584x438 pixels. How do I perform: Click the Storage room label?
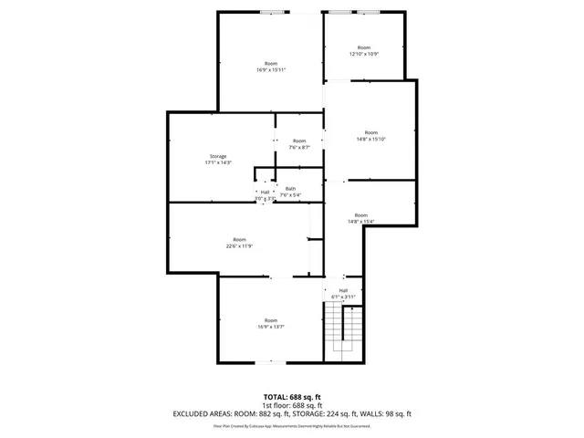click(219, 156)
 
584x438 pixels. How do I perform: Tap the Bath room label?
click(290, 188)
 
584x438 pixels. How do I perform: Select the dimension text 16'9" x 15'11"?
click(272, 70)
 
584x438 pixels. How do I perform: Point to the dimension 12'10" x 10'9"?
click(364, 54)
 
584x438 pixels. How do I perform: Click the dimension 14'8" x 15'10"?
click(370, 139)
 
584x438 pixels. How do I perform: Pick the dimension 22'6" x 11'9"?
click(239, 245)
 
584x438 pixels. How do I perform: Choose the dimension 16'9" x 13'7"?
click(271, 327)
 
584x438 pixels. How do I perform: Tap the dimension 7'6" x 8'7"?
click(299, 147)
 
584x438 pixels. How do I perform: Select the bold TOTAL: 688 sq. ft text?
click(291, 397)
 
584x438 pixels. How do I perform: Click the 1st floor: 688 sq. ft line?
click(291, 405)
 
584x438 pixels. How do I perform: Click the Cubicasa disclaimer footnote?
click(291, 425)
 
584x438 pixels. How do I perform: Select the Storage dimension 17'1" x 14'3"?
click(219, 162)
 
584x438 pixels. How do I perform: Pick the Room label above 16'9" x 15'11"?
click(272, 63)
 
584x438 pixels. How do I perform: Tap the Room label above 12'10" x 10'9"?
click(364, 47)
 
